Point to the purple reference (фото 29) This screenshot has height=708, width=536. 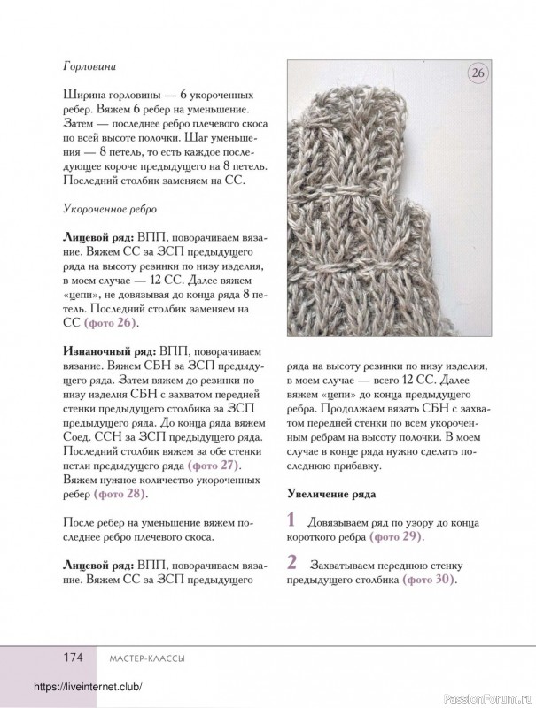[396, 536]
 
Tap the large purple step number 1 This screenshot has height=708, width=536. [291, 520]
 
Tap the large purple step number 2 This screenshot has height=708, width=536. [292, 563]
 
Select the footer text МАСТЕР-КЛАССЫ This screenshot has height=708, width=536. [140, 658]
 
